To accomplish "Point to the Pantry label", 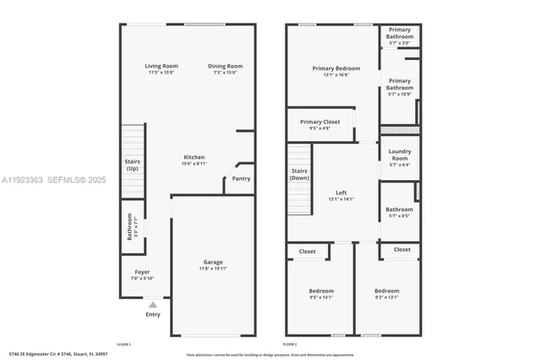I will click(x=241, y=178).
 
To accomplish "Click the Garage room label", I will click(x=213, y=265).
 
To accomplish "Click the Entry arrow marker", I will click(x=153, y=303).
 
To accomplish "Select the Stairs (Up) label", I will click(x=133, y=164).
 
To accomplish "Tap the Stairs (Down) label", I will click(x=299, y=175).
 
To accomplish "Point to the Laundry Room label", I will click(x=399, y=156).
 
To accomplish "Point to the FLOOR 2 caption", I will click(x=289, y=345).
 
